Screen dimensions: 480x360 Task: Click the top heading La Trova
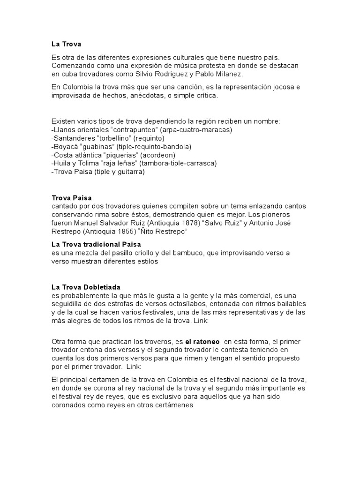pos(66,45)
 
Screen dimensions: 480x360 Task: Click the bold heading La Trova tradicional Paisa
pos(96,245)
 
